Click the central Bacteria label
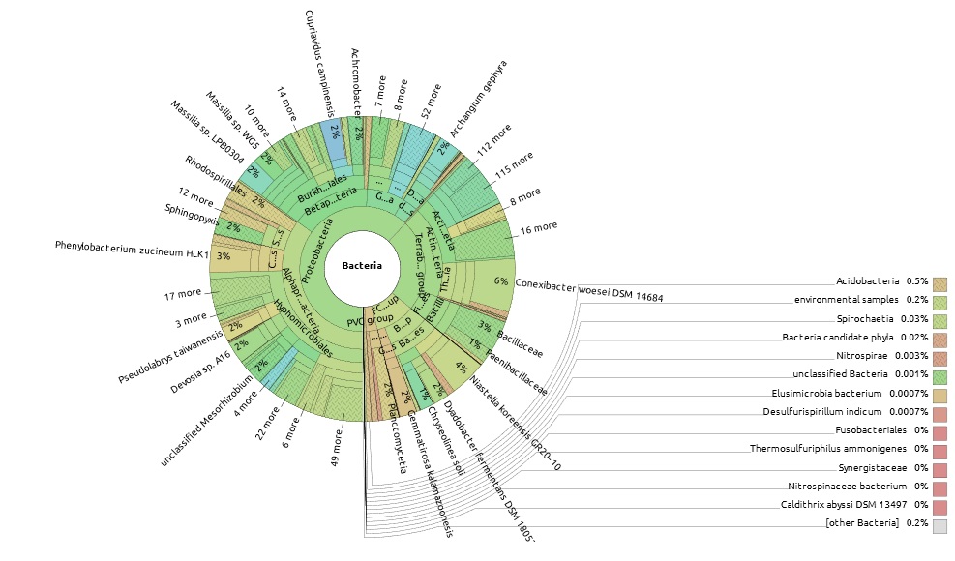[362, 265]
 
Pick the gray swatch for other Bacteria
[940, 526]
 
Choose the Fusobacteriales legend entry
[870, 429]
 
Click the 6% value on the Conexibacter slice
[501, 280]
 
